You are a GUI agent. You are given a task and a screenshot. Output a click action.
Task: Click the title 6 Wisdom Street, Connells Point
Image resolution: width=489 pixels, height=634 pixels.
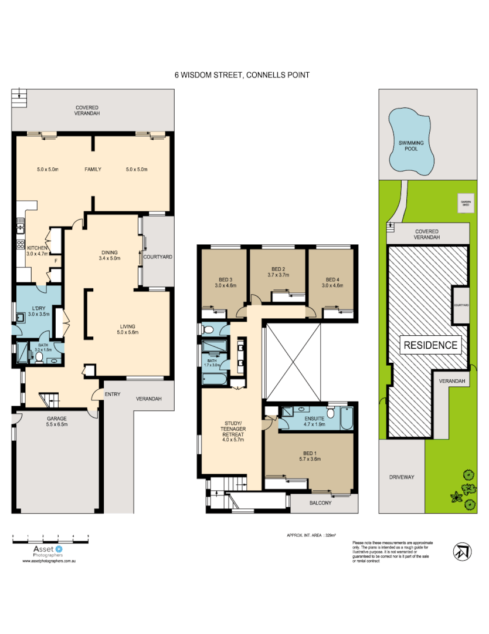coord(242,75)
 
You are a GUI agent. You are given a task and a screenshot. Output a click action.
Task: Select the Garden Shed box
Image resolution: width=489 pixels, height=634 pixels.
coord(466,204)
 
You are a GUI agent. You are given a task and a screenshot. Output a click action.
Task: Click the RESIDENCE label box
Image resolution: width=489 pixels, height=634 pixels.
coord(430,345)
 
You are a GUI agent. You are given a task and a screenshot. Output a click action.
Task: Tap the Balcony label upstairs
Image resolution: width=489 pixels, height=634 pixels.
coord(321,503)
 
